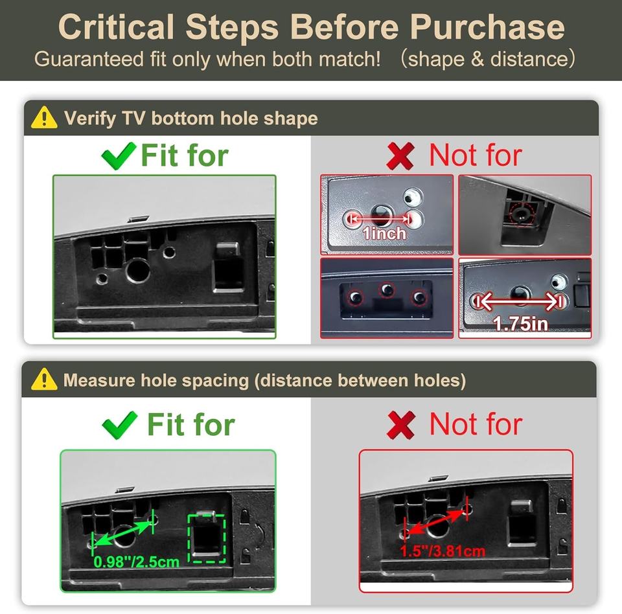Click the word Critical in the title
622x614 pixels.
pos(116,27)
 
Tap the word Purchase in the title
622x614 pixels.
pos(487,27)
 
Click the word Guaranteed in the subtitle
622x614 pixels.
pos(89,59)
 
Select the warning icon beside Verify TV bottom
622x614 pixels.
pos(44,117)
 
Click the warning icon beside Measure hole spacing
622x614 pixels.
pos(44,379)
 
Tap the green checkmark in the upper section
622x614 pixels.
pos(119,155)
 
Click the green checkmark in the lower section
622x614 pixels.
pos(119,425)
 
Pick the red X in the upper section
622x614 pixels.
pos(400,155)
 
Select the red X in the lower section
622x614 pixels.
pos(401,425)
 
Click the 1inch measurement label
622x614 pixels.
pos(384,233)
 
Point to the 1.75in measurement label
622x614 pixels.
pos(520,324)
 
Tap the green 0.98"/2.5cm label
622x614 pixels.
pos(136,562)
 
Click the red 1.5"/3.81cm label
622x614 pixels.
pos(443,551)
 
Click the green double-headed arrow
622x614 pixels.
pos(123,534)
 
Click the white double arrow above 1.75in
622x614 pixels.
pos(519,302)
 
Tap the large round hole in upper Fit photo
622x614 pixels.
pos(138,271)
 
